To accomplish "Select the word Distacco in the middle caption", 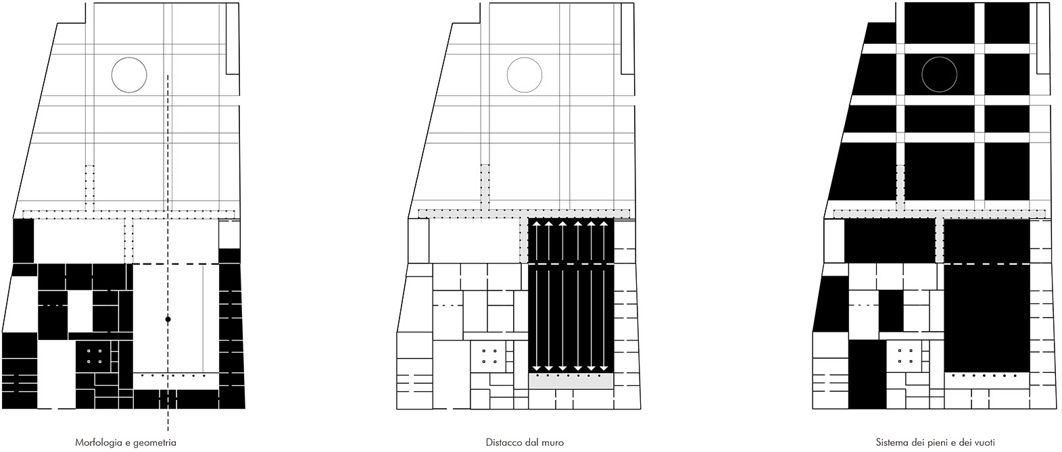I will point(501,443).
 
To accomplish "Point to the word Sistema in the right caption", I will point(890,443).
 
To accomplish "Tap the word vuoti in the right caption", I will point(984,443).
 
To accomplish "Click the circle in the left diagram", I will point(128,74).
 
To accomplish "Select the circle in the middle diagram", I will point(524,74).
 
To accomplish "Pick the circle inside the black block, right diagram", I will point(940,74).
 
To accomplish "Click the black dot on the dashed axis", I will point(168,319).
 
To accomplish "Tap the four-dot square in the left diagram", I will point(95,356).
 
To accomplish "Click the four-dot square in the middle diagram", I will point(490,356).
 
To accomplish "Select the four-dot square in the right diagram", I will point(906,356).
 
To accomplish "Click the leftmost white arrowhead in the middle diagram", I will point(534,224).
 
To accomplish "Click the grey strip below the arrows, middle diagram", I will point(571,382).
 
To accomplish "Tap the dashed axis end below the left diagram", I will point(168,428).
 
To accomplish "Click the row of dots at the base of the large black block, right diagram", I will point(984,375).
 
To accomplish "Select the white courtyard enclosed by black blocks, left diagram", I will point(80,311).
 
